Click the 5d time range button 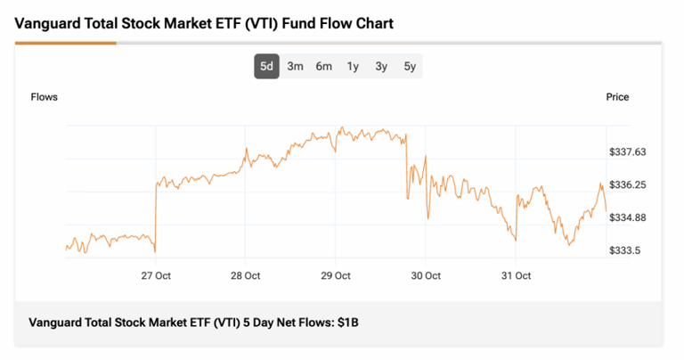coord(266,66)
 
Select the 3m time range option coord(296,66)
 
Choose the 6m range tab coord(324,66)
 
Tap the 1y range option coord(353,66)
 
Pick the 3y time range coord(381,66)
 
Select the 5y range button coord(410,66)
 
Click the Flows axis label coord(45,97)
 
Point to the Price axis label coord(617,97)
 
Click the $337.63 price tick coord(627,152)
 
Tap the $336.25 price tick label coord(627,185)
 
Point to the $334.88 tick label coord(627,218)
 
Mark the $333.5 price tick coord(624,251)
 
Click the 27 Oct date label coord(157,275)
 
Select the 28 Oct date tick coord(246,275)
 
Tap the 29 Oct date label coord(336,275)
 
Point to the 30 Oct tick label coord(426,275)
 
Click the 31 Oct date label coord(517,275)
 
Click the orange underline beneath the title coord(65,43)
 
